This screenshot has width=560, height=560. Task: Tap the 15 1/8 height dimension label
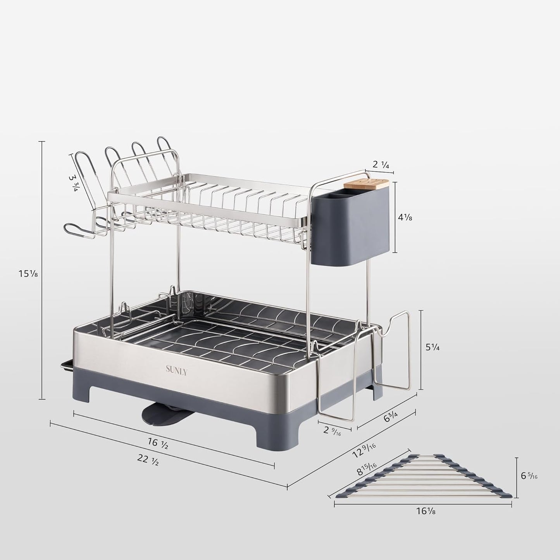[x=28, y=274]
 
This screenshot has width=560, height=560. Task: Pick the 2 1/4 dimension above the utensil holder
[x=381, y=164]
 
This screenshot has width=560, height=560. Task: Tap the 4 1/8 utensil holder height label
[x=405, y=218]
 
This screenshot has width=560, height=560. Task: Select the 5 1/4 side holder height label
[x=432, y=348]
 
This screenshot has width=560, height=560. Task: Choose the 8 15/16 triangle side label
[x=367, y=471]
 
